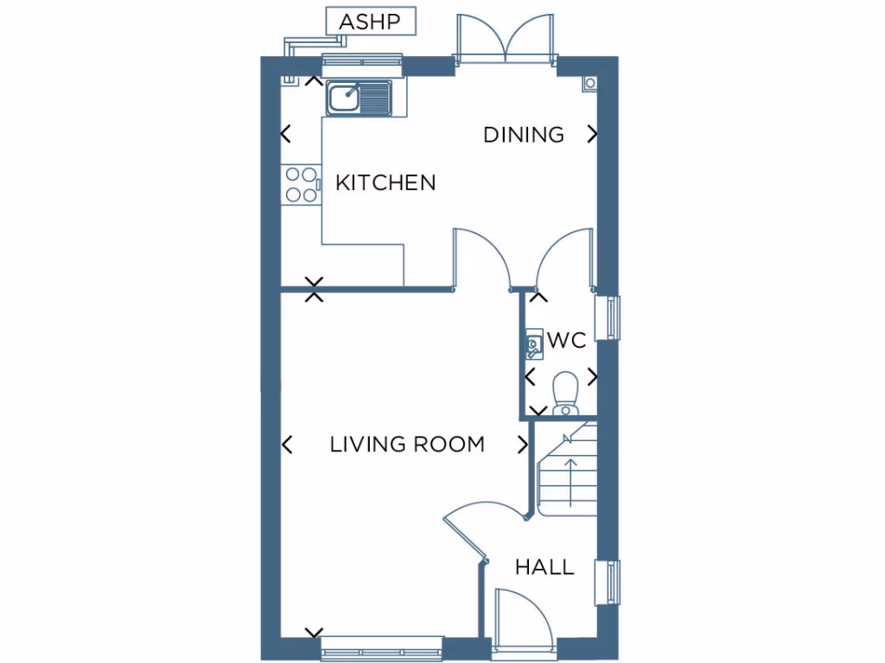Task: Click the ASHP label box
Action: coord(371,22)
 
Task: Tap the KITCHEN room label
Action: coord(385,183)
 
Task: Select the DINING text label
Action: coord(523,135)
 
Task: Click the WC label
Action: coord(567,341)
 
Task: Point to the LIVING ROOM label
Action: coord(407,445)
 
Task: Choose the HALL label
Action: coord(544,567)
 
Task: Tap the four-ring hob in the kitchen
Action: coord(301,184)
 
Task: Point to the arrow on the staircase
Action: coord(570,483)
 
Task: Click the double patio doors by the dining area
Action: coord(505,39)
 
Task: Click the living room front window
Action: coord(381,648)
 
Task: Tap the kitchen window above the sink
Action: coord(362,60)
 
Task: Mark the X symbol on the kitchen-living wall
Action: coord(315,289)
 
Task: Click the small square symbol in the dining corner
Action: coord(589,83)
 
